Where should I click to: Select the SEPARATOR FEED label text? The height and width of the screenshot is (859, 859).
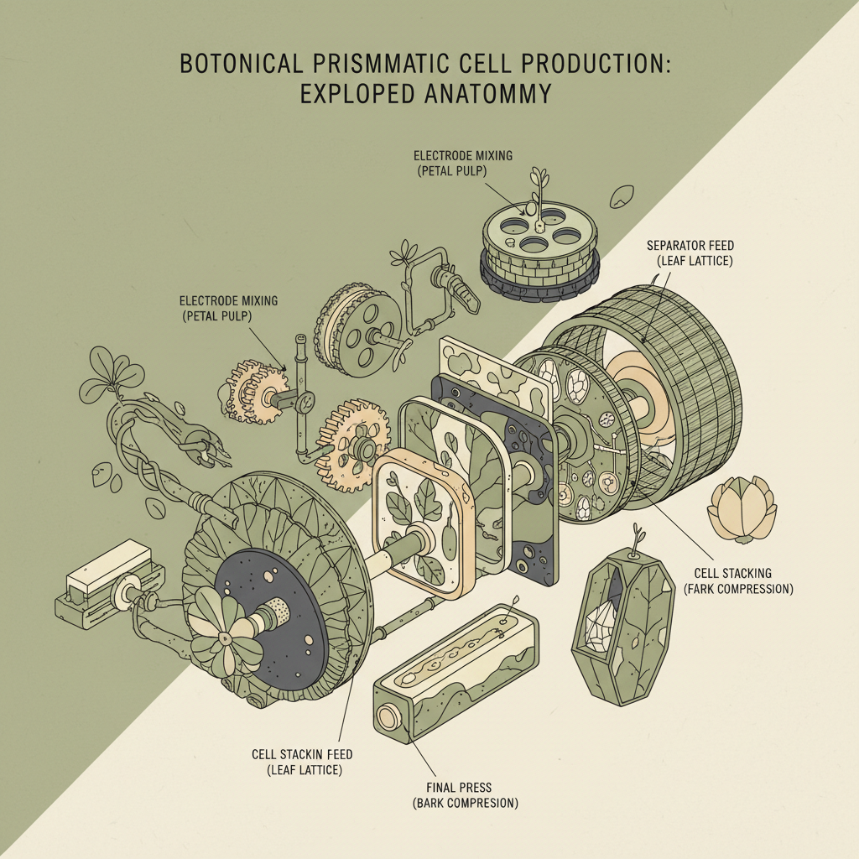coord(690,245)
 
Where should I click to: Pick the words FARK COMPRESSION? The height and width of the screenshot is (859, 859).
coord(738,589)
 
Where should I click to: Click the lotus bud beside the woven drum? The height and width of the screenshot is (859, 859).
coord(742,510)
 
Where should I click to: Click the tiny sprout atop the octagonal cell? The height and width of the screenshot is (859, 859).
coord(637,534)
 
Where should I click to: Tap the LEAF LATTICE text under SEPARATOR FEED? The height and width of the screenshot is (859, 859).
coord(695,261)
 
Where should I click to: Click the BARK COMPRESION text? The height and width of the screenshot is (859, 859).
coord(465,803)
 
